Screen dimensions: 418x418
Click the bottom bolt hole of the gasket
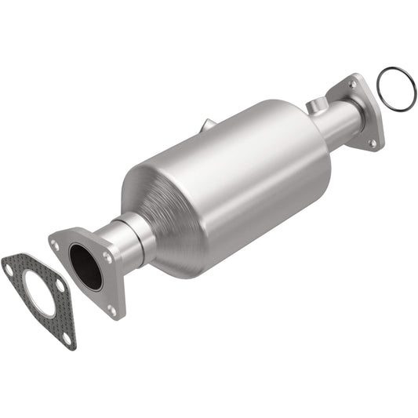coord(67,339)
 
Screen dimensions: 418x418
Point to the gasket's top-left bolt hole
coord(9,267)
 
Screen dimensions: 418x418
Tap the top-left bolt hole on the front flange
coord(56,245)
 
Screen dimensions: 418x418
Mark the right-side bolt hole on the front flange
coord(107,256)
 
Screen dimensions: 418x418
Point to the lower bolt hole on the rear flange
coord(373,142)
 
